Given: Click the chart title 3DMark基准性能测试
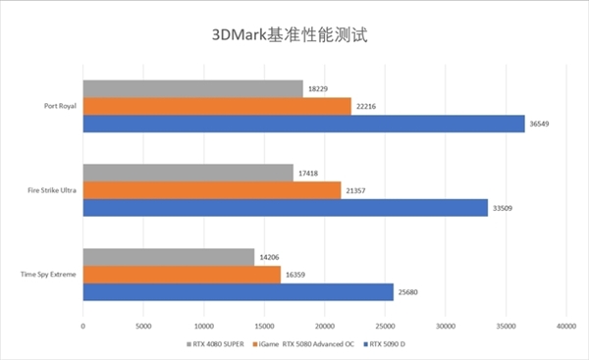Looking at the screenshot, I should pos(295,34).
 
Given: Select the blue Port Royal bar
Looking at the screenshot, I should pos(303,124).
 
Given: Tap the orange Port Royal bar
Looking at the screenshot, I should pos(217,106).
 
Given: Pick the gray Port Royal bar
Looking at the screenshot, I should pos(192,89).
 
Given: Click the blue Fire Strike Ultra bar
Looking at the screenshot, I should pos(285,207).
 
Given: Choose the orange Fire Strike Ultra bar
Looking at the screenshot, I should pos(212,190).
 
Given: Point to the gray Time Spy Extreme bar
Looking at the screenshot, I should pos(169,258).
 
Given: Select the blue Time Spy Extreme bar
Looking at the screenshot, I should pos(238,291).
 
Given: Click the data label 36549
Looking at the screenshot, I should pos(541,124).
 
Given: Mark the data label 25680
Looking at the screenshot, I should pos(409,291).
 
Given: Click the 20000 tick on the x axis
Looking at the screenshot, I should pos(324,325).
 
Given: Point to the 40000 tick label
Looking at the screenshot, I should pos(564,325).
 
